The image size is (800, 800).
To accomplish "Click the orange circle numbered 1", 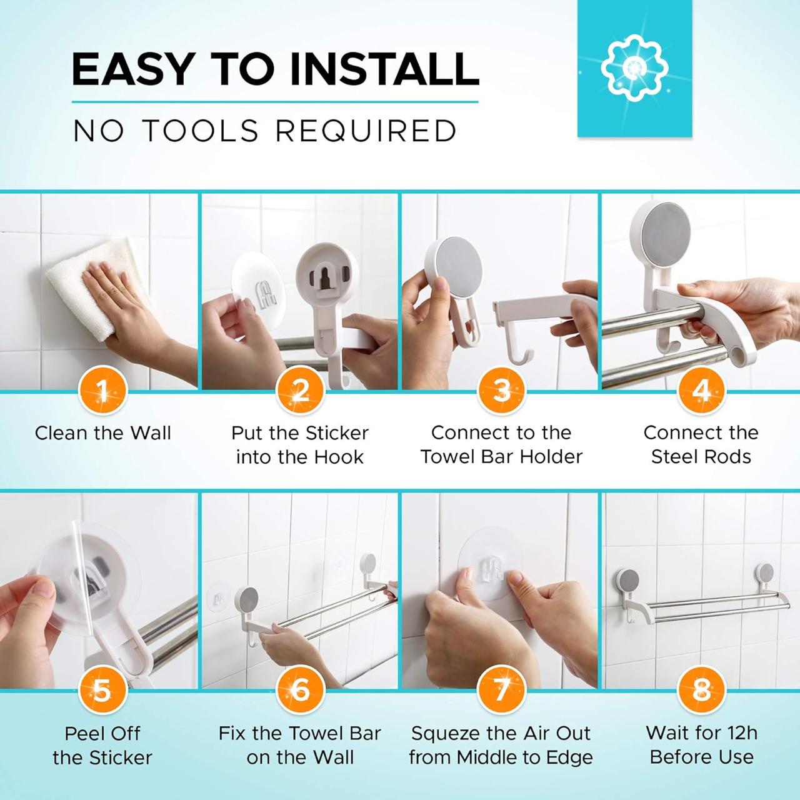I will [x=102, y=392].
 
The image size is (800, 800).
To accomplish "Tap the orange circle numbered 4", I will [x=701, y=392].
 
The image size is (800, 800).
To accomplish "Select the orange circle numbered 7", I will [x=501, y=691].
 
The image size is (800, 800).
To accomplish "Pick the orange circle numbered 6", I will [x=300, y=691].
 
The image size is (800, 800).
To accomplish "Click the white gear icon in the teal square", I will [x=634, y=68].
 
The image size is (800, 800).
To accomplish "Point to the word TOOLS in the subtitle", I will [x=200, y=131].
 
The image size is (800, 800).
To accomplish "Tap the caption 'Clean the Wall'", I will [x=102, y=432].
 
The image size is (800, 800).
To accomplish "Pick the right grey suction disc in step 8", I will [x=766, y=572].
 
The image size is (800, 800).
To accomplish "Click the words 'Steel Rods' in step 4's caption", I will [x=701, y=457].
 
